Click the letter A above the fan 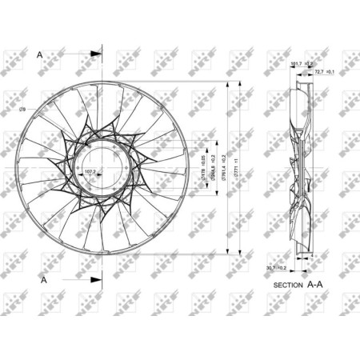point(40,54)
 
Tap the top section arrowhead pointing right point(96,54)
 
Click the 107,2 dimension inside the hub point(90,170)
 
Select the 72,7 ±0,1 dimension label point(325,71)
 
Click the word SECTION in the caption point(288,285)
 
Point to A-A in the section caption point(318,284)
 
